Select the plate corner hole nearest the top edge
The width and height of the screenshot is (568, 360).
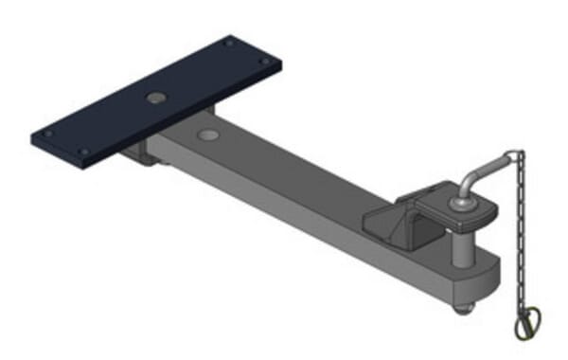click(228, 43)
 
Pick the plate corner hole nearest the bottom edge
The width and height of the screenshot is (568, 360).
click(83, 152)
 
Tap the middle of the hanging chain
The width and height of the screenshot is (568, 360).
click(520, 237)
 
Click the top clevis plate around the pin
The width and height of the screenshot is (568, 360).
click(445, 204)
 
